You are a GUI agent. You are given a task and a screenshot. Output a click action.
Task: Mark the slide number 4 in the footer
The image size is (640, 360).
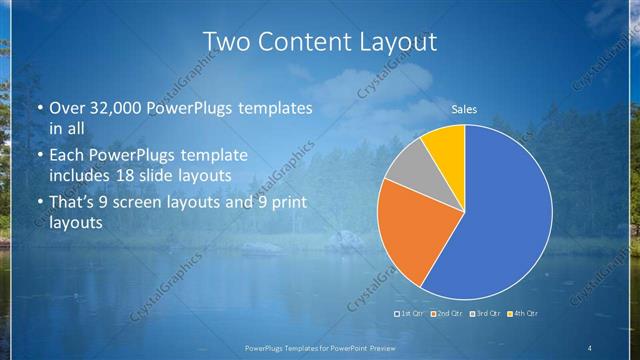pos(590,348)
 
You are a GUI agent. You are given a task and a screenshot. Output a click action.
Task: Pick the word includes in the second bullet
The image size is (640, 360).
pos(83,175)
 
